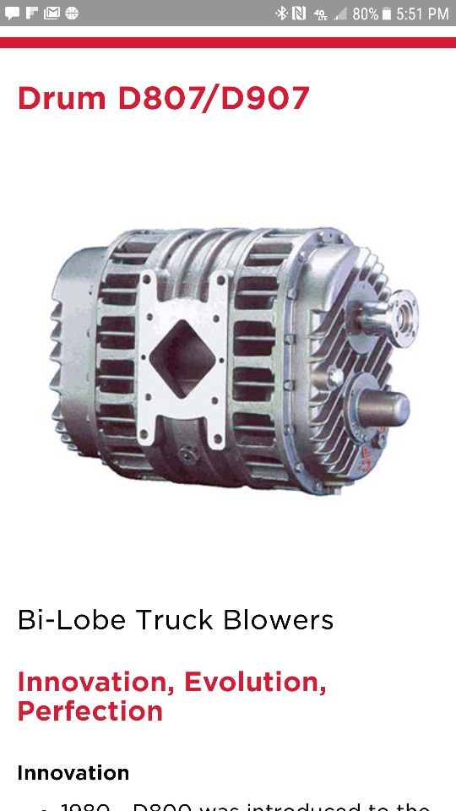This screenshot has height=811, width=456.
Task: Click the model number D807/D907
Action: tap(214, 99)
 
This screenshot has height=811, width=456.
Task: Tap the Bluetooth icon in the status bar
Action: tap(282, 14)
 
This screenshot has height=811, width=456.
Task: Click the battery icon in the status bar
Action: tap(387, 14)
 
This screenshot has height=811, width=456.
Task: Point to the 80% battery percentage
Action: tap(365, 14)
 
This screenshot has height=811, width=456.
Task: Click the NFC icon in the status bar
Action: tap(299, 14)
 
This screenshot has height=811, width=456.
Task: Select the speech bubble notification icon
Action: tap(12, 14)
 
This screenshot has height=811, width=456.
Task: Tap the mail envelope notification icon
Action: tap(52, 14)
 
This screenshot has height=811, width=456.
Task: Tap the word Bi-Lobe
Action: tap(57, 620)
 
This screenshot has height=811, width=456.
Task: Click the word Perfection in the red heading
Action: tap(90, 710)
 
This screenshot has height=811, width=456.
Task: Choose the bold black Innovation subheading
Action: tap(73, 772)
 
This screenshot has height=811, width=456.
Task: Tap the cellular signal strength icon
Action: tap(340, 14)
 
